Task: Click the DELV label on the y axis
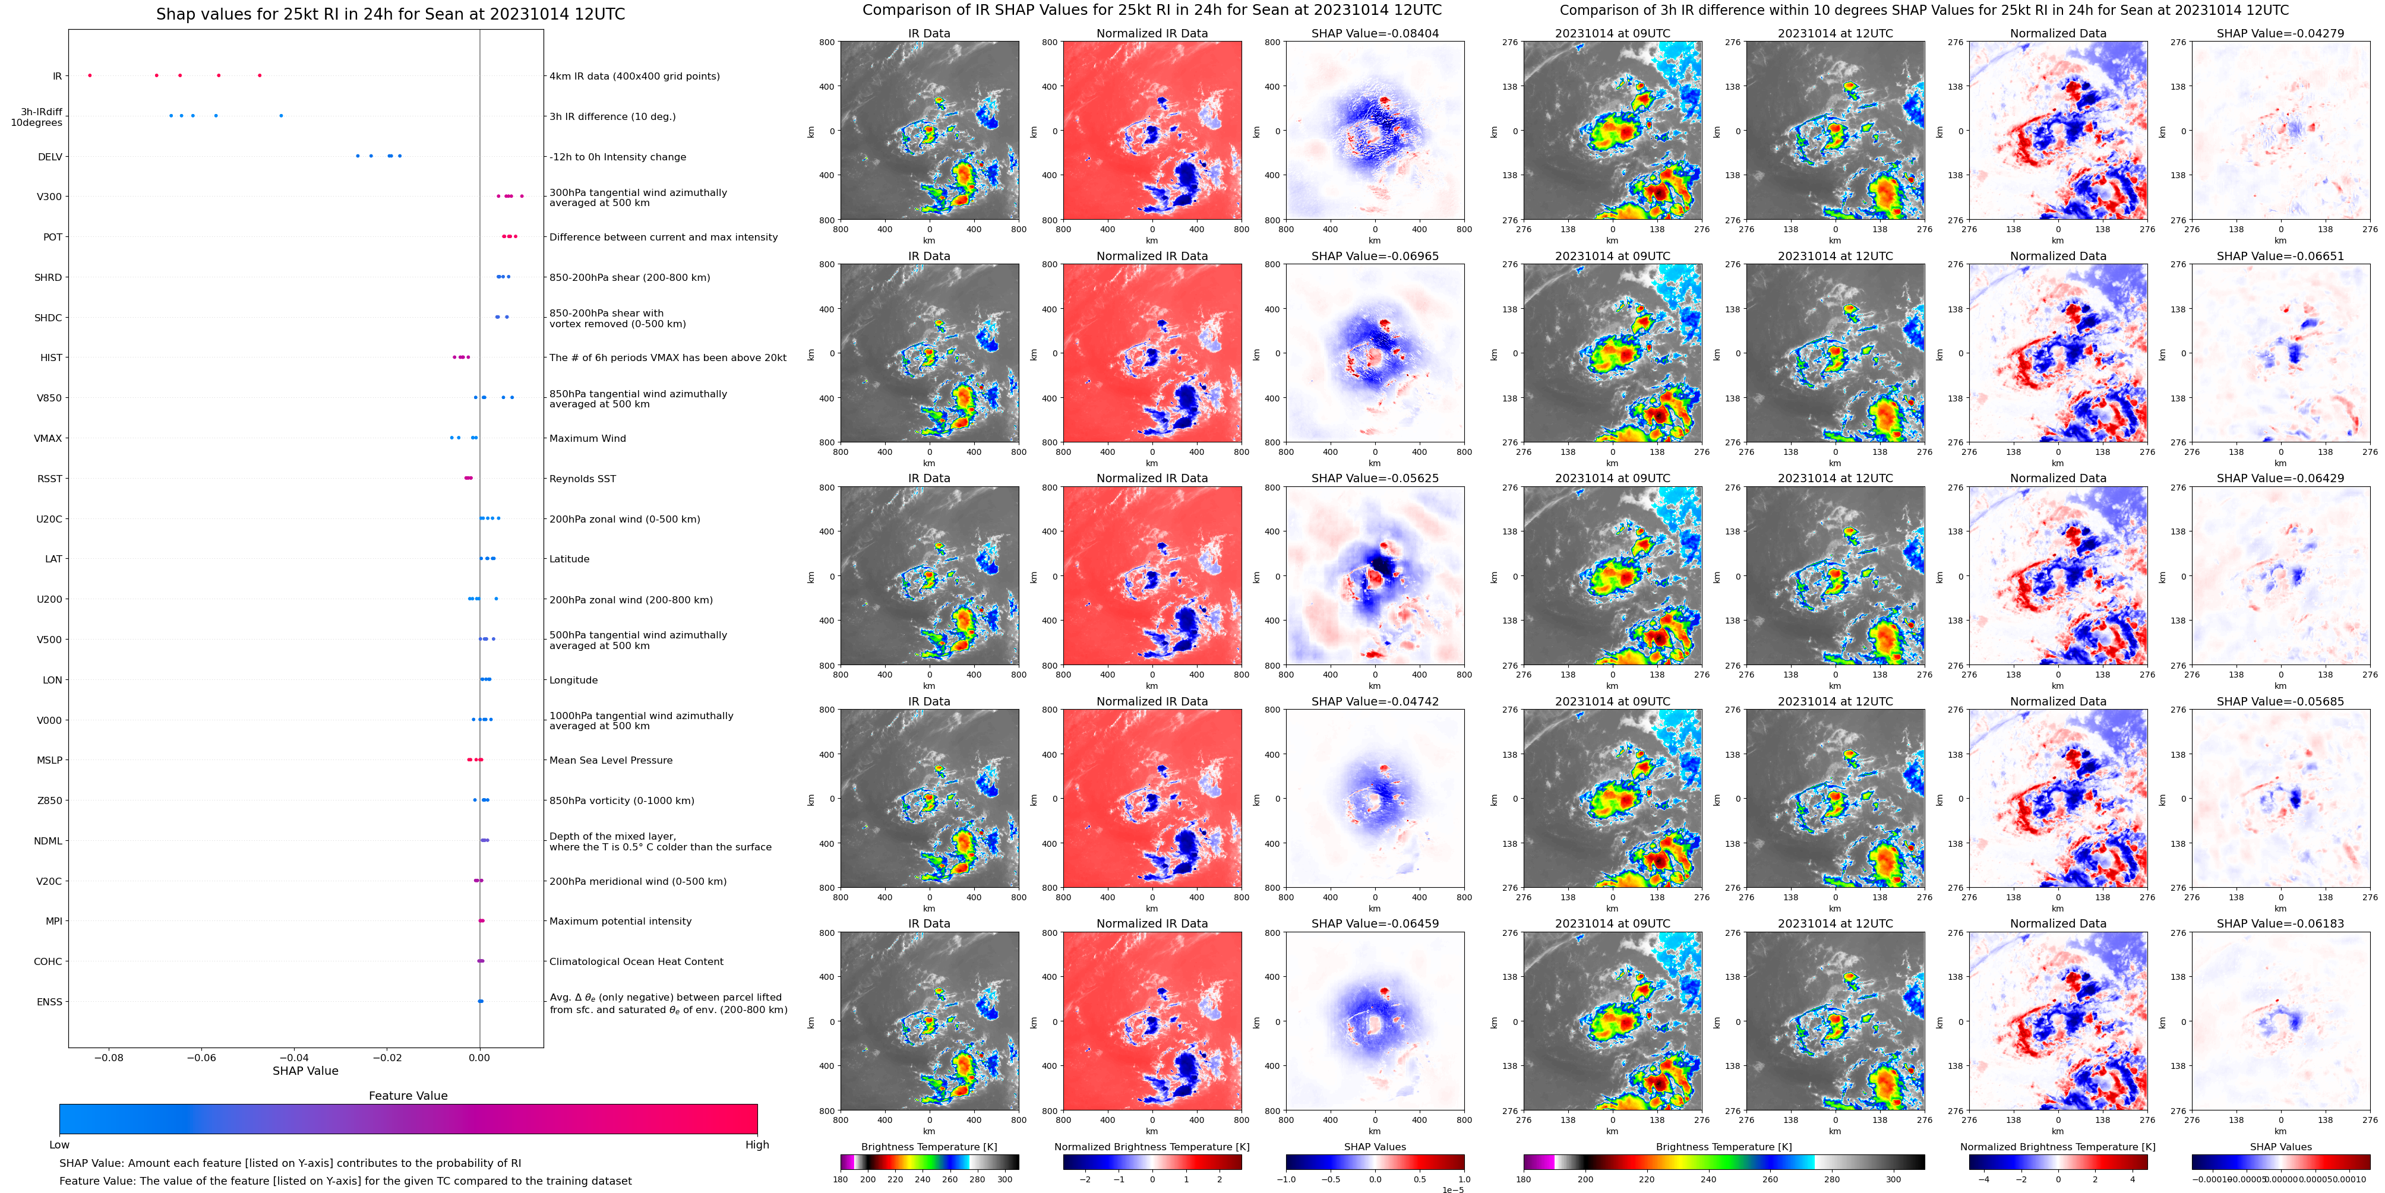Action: [50, 156]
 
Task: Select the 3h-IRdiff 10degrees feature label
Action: [37, 116]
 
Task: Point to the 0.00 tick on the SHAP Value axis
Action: [479, 1057]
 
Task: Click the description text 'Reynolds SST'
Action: [582, 479]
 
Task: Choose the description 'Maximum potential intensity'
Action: [620, 921]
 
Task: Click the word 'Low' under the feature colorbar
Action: [59, 1145]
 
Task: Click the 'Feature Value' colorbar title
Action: [407, 1096]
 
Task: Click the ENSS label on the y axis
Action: [49, 1001]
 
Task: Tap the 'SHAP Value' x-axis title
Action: [305, 1071]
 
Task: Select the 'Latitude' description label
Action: [570, 559]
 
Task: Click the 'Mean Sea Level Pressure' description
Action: [611, 760]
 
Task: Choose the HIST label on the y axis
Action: [51, 357]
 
